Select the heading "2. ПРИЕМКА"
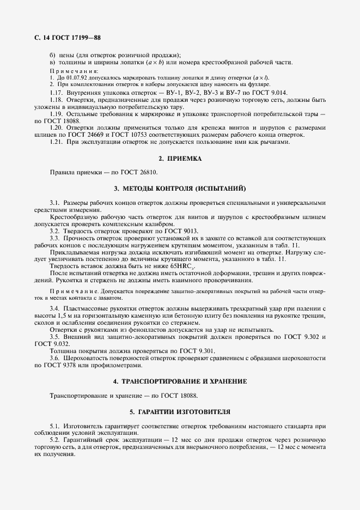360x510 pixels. click(180, 158)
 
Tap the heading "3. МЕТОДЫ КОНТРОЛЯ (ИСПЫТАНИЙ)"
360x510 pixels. click(180, 189)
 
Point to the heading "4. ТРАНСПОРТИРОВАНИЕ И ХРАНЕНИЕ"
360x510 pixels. click(180, 381)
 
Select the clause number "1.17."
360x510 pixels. click(57, 93)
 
